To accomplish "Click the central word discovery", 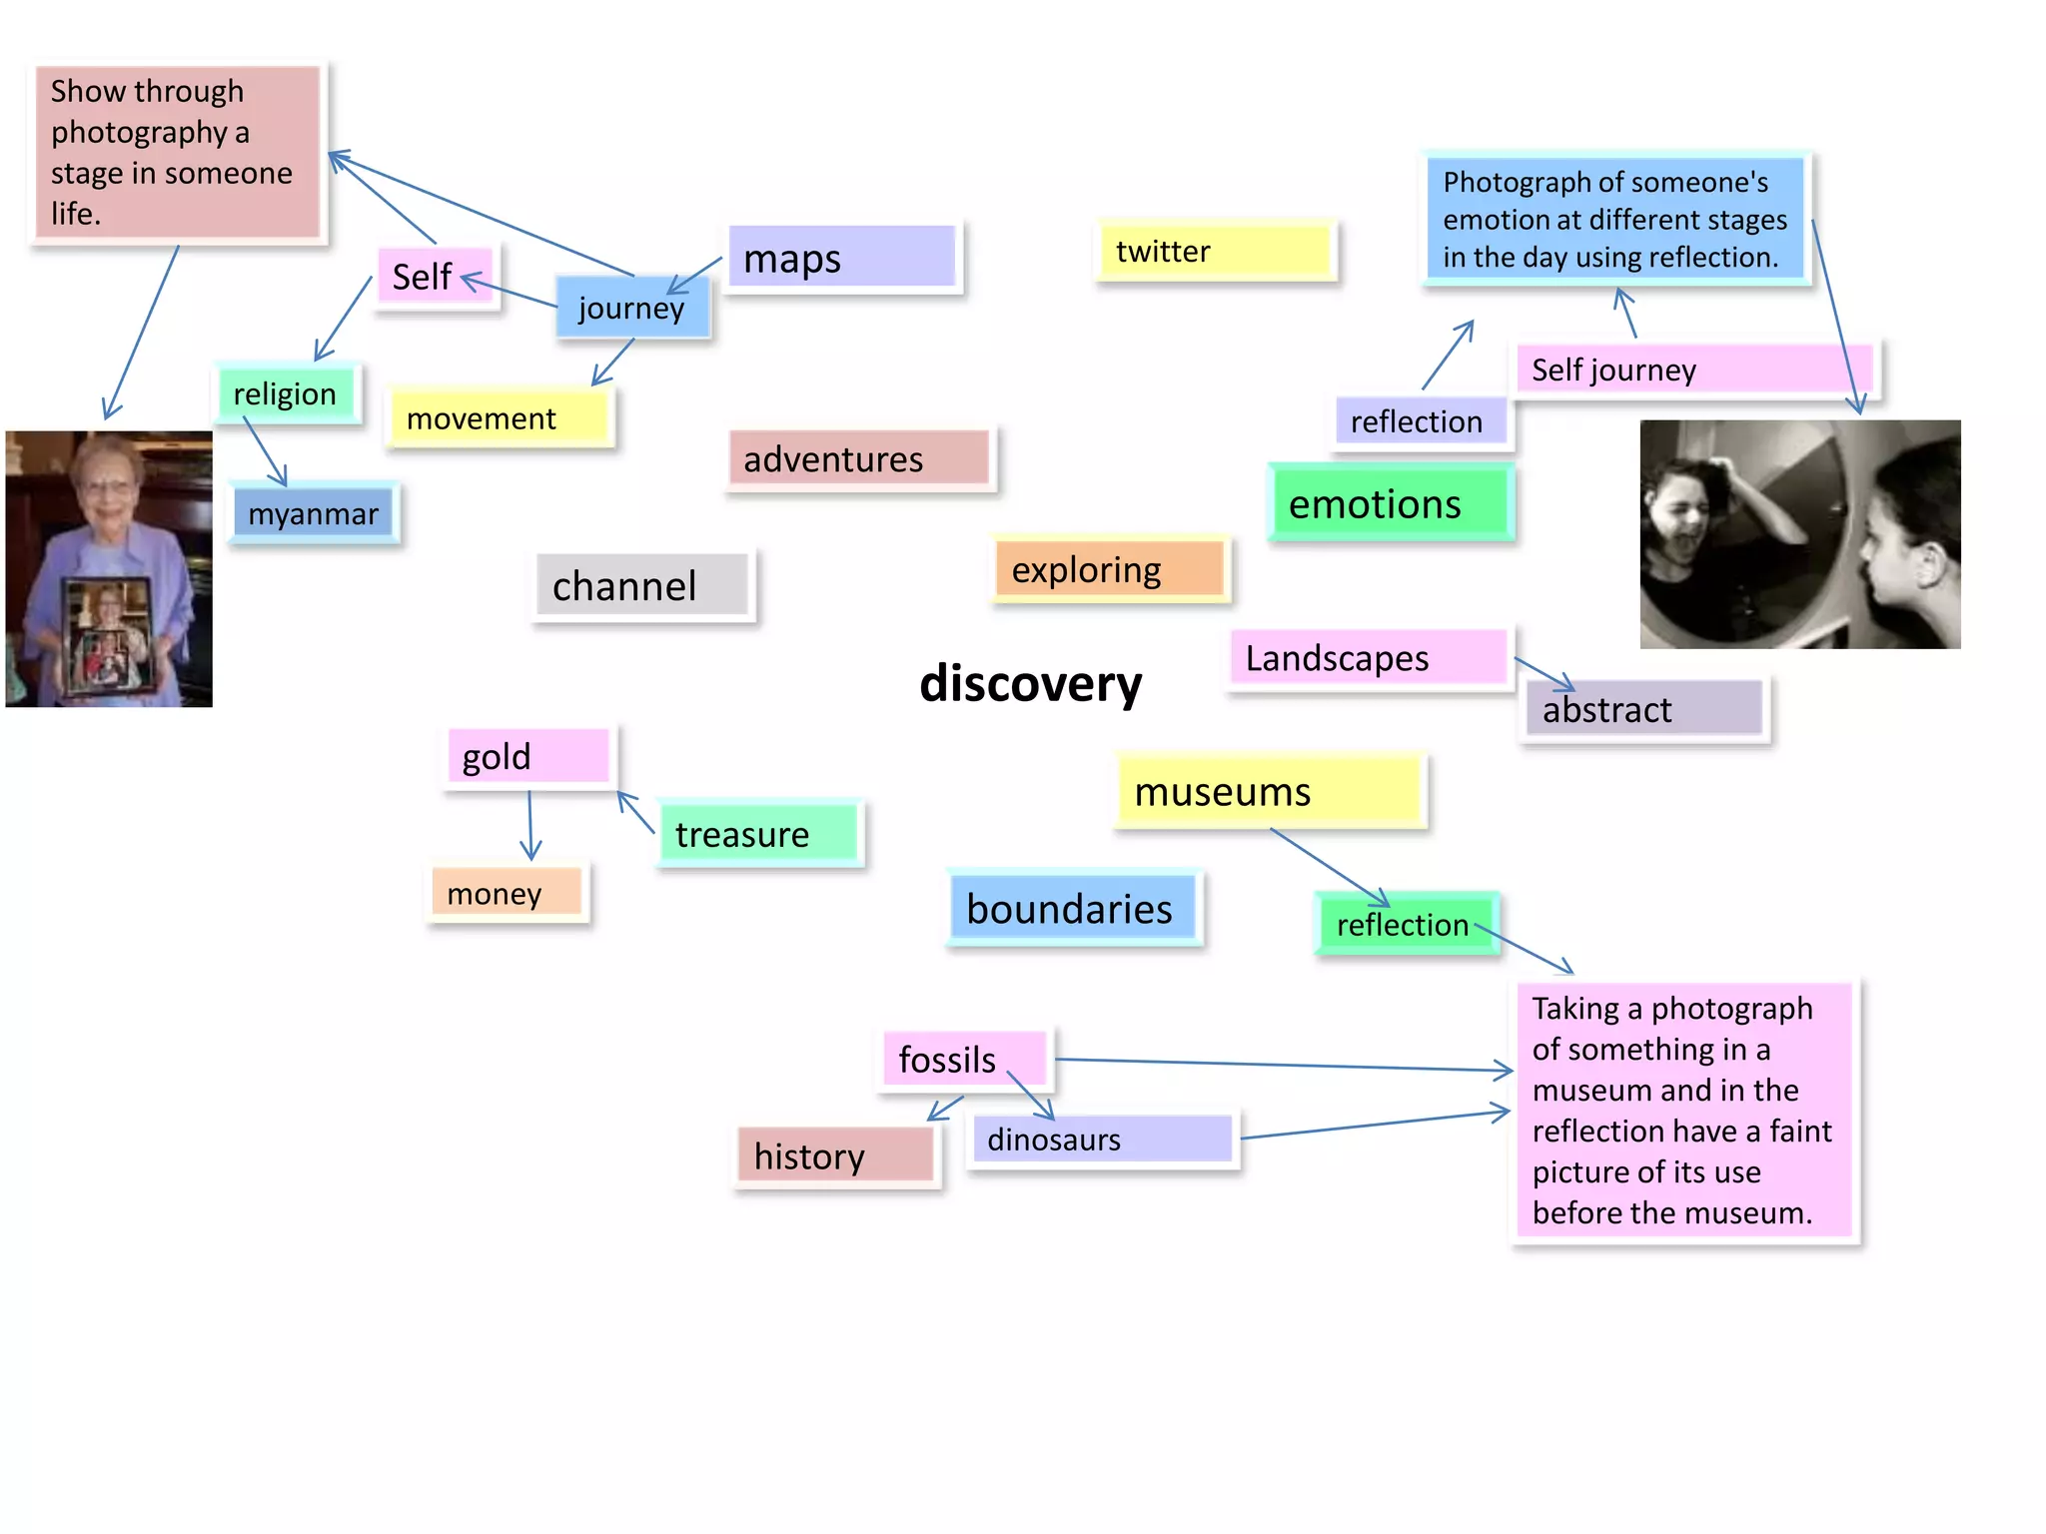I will tap(1030, 684).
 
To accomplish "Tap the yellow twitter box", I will tap(1215, 251).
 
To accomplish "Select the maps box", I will tap(842, 258).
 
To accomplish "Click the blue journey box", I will tap(632, 308).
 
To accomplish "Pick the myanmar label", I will tap(314, 513).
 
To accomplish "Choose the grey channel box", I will tap(642, 585).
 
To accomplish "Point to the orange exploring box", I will tap(1110, 569).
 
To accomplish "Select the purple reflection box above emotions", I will tap(1420, 421).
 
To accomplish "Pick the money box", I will tap(507, 893).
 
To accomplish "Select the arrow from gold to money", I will tap(530, 824).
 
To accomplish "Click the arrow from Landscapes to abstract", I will tap(1544, 673).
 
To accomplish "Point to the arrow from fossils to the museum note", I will tap(1279, 1065).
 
